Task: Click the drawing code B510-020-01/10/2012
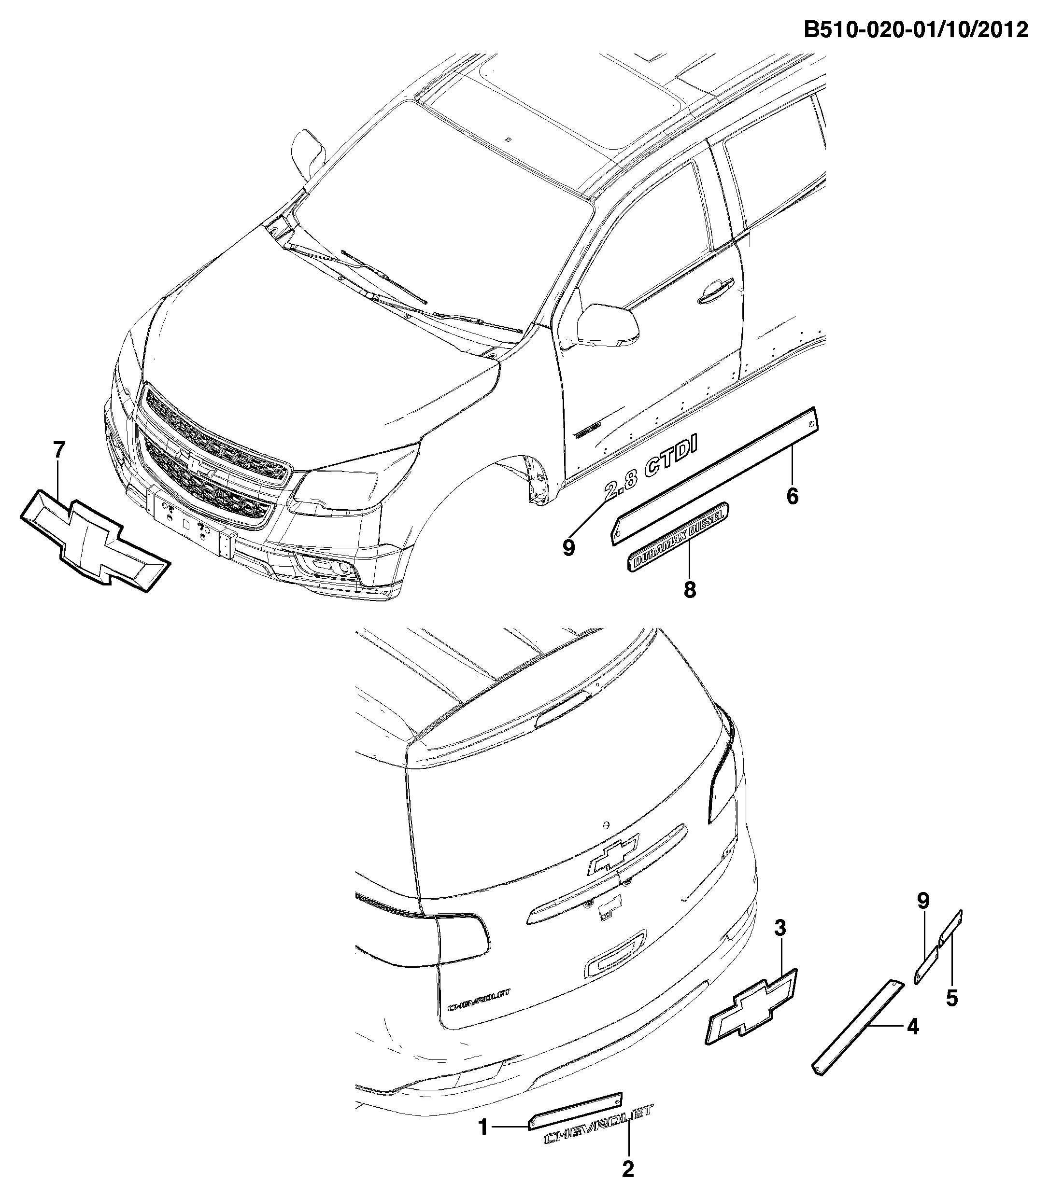916,28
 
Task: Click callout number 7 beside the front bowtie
59,450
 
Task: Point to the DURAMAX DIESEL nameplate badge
679,536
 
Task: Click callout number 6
792,496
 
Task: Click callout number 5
952,998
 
